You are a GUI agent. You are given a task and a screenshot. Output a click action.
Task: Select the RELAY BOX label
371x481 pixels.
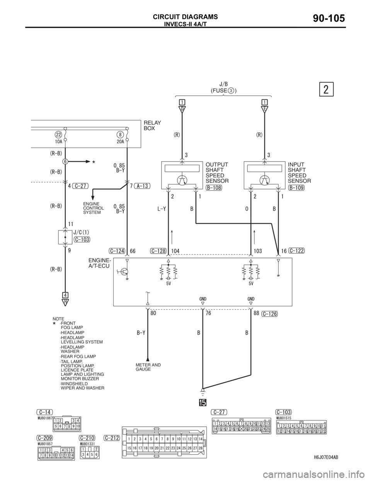[x=152, y=125]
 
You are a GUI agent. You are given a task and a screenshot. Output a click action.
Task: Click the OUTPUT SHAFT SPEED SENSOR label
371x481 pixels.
[x=217, y=172]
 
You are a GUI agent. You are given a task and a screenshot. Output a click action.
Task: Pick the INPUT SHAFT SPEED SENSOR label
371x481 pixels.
[x=300, y=172]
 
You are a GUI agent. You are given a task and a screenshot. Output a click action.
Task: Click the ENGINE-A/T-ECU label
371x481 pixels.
[x=99, y=263]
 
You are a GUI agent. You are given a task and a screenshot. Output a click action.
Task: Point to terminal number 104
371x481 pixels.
[x=176, y=251]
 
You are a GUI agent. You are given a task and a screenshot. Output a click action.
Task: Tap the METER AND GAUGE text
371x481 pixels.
[x=148, y=367]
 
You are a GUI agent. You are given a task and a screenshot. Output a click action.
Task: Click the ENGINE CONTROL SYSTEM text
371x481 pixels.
[x=94, y=208]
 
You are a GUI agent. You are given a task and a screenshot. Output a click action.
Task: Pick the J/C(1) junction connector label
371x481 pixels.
[x=81, y=232]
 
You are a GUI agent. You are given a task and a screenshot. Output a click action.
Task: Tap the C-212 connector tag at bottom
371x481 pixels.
[x=112, y=437]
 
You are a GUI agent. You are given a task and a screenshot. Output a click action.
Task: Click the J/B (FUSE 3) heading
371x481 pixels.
[x=223, y=87]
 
